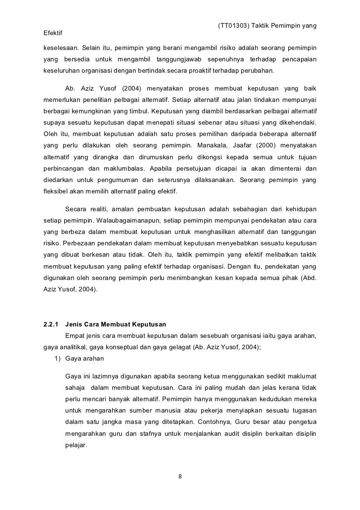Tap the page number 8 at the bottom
tap(180, 477)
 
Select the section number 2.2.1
tap(52, 325)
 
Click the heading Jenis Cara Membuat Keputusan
tap(116, 325)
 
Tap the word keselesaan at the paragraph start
tap(58, 48)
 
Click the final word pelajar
tap(76, 444)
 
